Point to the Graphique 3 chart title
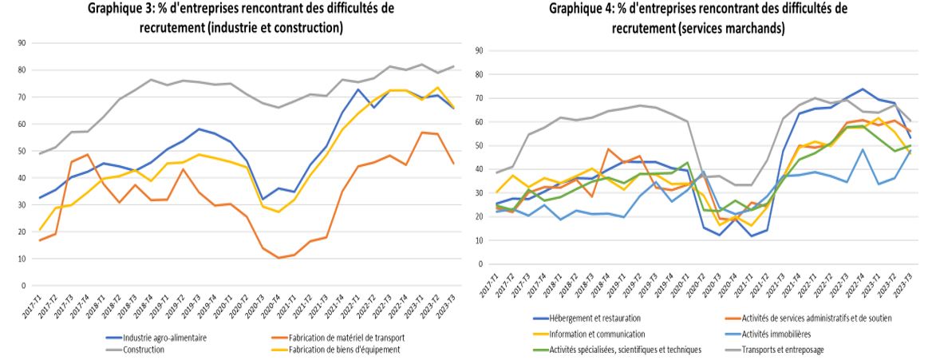coord(240,18)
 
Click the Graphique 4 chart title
coord(697,18)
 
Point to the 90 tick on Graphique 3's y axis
coord(23,43)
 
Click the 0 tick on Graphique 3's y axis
coord(25,285)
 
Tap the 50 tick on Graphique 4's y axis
coord(480,145)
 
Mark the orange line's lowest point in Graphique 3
coord(278,258)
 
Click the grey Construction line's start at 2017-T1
coord(41,153)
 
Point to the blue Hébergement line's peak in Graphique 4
coord(863,89)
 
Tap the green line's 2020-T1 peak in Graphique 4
coord(687,162)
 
